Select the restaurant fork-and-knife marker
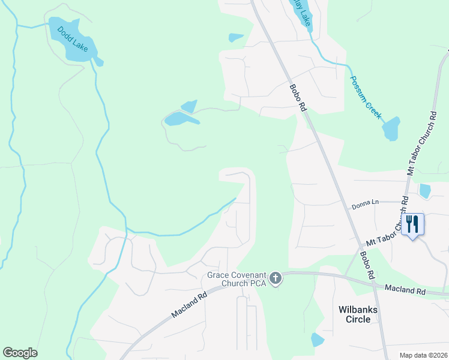(x=412, y=225)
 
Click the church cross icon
(x=276, y=277)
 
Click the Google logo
(x=20, y=353)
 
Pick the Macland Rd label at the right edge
(x=405, y=289)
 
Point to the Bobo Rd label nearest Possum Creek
(x=298, y=97)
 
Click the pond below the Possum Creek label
(x=391, y=128)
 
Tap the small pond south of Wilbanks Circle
(x=317, y=340)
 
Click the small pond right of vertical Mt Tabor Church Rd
(x=425, y=191)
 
